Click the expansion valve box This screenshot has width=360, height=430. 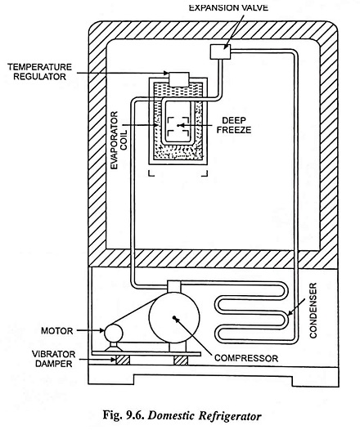(220, 52)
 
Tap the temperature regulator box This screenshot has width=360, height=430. (179, 79)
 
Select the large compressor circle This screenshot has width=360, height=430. (174, 317)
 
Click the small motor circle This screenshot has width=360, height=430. (114, 333)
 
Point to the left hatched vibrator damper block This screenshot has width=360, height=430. (123, 360)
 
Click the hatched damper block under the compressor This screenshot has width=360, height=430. (181, 360)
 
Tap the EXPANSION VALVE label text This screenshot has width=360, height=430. (228, 7)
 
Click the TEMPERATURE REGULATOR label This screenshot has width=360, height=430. (39, 72)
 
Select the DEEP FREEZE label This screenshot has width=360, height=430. (234, 125)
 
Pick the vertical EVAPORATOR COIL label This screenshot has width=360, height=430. (119, 140)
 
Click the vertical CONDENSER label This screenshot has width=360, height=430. (313, 310)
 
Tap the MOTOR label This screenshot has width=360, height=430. (57, 331)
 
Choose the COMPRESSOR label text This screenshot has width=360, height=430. (246, 358)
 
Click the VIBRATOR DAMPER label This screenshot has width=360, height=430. (53, 359)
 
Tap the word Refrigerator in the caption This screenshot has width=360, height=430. (229, 416)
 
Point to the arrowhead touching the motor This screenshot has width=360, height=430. (101, 331)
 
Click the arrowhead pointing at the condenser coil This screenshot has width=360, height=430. (290, 312)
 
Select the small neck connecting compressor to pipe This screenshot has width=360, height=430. (174, 287)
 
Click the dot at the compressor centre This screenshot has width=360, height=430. (174, 317)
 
